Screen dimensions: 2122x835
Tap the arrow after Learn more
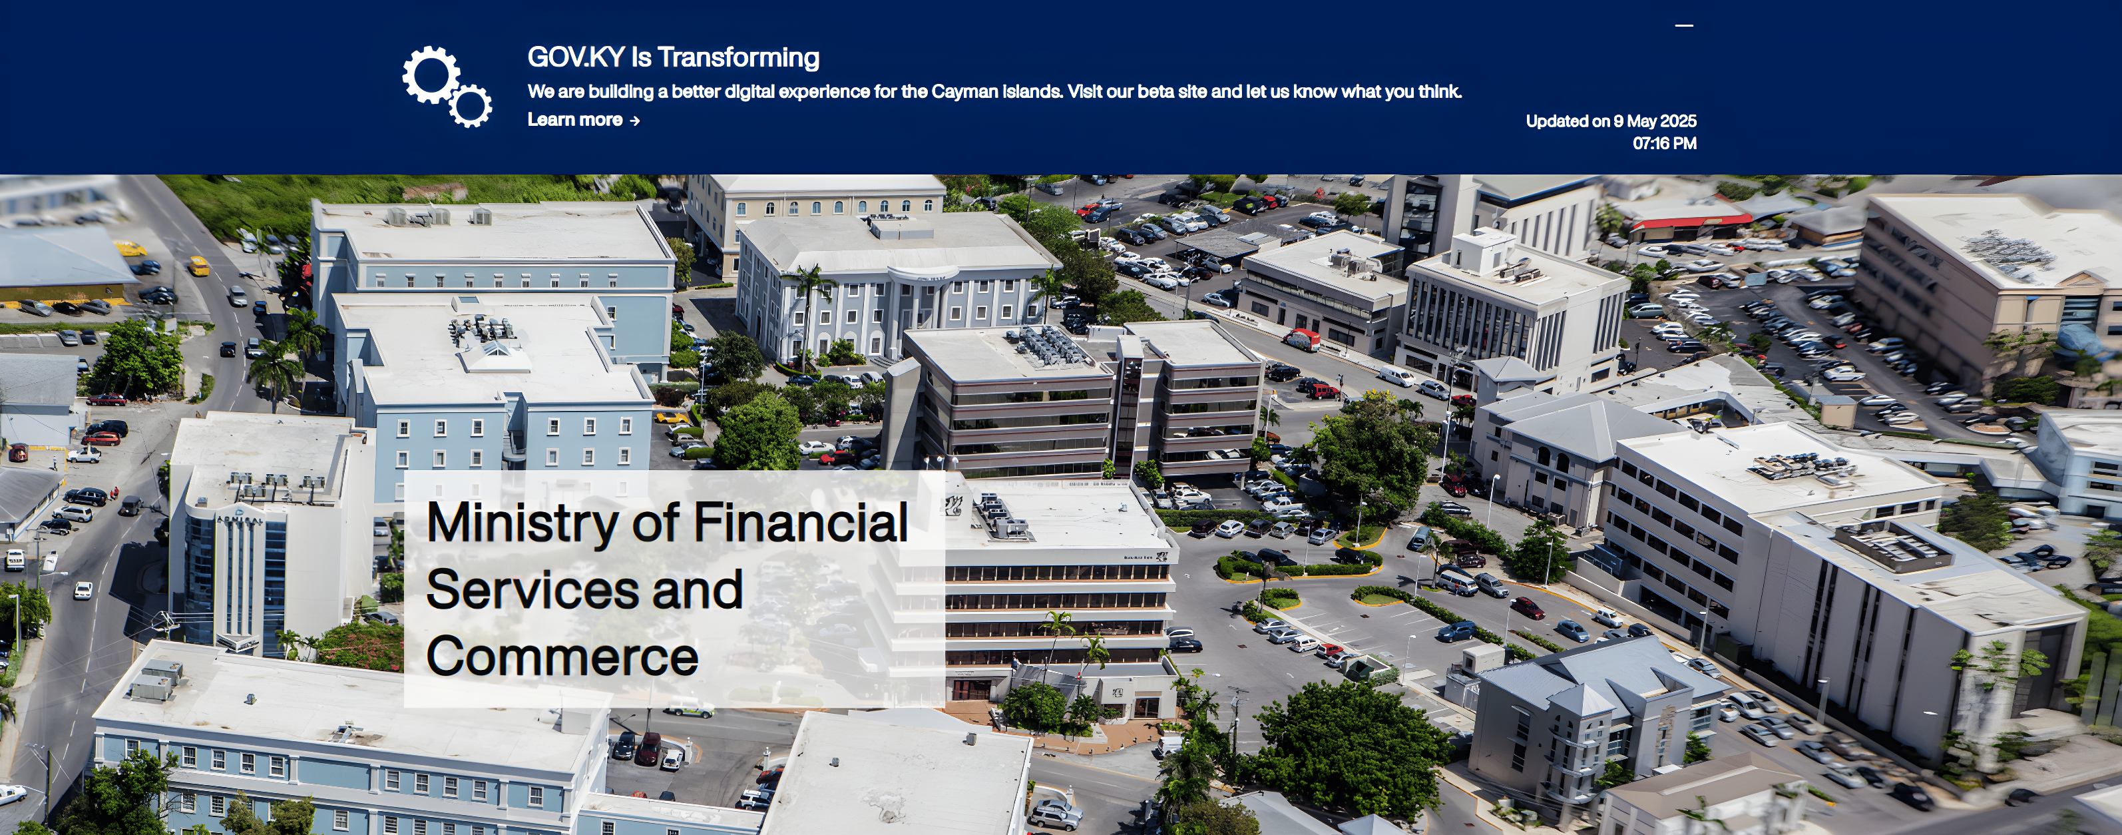[x=634, y=121]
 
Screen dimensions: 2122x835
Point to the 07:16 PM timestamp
[x=1664, y=143]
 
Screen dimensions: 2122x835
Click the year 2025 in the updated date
[x=1678, y=121]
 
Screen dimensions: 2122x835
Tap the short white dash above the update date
[x=1684, y=25]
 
